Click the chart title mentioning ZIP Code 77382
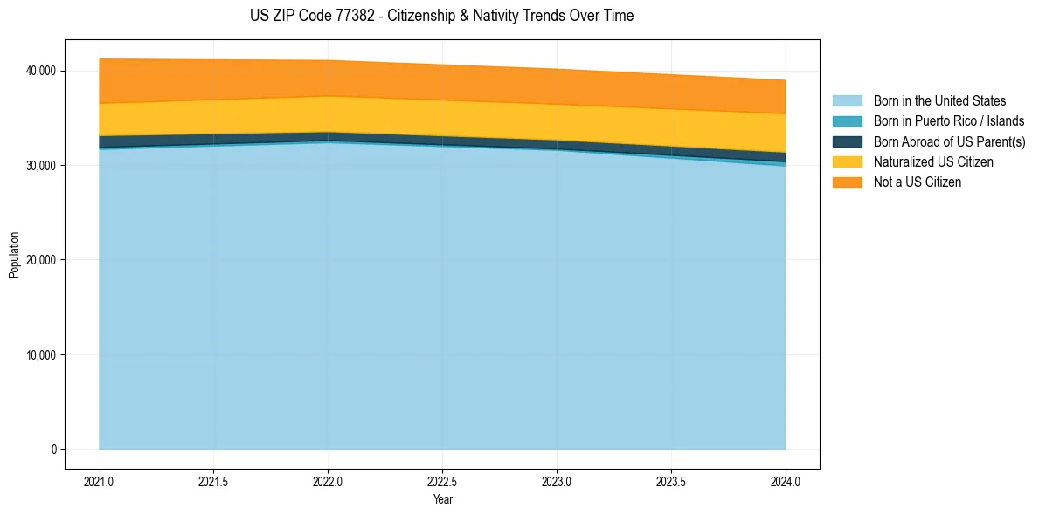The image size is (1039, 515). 441,16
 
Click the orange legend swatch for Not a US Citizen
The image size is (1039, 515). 847,182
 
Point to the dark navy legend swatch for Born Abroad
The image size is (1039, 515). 847,141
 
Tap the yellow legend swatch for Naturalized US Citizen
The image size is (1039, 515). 847,162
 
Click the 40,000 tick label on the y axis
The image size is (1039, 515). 41,71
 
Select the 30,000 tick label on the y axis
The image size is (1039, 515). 41,166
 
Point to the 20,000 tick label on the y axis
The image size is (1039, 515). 41,260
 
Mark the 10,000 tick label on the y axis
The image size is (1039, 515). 41,355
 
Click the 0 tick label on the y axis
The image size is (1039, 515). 53,450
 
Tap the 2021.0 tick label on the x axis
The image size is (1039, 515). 100,481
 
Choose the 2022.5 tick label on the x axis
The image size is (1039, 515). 442,481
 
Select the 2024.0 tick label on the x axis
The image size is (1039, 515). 786,481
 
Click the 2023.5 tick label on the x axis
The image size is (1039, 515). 671,481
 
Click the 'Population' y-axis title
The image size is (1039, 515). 14,255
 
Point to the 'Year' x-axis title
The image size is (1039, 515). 442,500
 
